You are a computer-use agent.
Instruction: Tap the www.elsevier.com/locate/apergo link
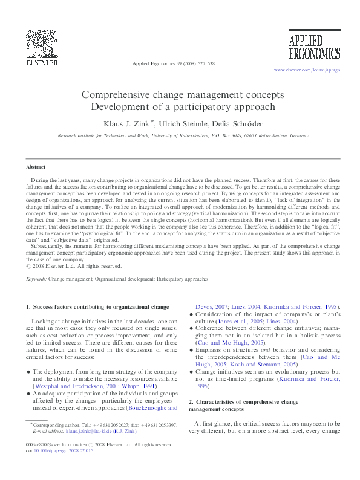[x=307, y=71]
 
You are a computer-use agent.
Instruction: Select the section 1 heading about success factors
[x=97, y=307]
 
